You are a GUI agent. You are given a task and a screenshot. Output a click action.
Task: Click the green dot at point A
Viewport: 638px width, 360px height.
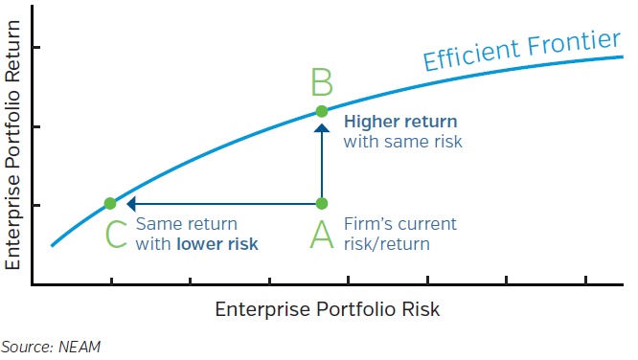pyautogui.click(x=322, y=203)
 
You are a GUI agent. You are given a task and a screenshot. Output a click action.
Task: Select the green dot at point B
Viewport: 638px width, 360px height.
pyautogui.click(x=322, y=111)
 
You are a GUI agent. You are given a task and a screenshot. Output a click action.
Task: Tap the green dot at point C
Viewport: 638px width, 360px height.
pyautogui.click(x=110, y=203)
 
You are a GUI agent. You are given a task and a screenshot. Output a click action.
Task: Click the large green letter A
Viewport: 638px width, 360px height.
pyautogui.click(x=322, y=233)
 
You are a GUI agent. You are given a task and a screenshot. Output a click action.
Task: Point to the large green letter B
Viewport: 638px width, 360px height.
pyautogui.click(x=322, y=82)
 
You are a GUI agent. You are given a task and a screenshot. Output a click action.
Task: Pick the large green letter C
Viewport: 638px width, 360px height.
pyautogui.click(x=116, y=234)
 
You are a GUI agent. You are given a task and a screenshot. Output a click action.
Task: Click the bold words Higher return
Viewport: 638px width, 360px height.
pyautogui.click(x=399, y=122)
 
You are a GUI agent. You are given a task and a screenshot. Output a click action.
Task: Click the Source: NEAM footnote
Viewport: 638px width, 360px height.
pyautogui.click(x=50, y=347)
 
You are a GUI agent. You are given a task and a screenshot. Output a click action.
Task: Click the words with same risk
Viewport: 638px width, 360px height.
pyautogui.click(x=402, y=142)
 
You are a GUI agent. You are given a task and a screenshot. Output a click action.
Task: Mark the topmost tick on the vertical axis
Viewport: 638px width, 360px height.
pyautogui.click(x=35, y=48)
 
